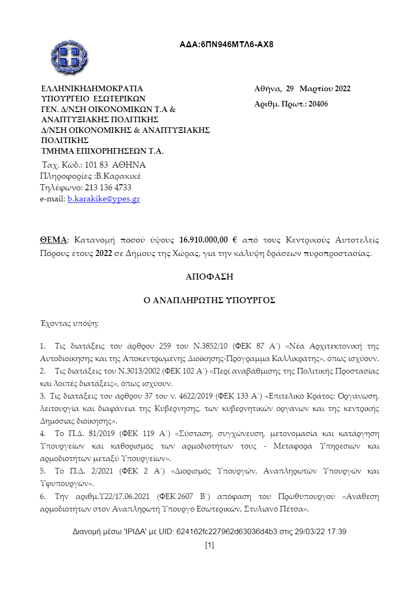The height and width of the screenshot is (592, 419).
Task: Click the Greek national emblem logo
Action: pos(69,58)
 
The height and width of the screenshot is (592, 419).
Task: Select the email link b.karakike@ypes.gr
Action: pos(104,199)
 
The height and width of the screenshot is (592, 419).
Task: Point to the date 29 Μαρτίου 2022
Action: pos(318,89)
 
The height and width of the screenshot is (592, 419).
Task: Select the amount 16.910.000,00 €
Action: pos(208,240)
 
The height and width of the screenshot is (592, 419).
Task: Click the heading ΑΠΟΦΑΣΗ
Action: pos(209,277)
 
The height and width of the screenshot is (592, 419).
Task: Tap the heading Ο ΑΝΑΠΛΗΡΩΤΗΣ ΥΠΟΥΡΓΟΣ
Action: pos(209,300)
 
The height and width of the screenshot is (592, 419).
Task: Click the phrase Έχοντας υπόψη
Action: pos(70,324)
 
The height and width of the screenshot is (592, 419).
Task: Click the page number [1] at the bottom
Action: pos(209,545)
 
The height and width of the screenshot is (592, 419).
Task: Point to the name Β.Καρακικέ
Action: pos(119,176)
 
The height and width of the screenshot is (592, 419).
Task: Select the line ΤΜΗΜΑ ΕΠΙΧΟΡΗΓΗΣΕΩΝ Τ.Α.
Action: pos(102,151)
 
